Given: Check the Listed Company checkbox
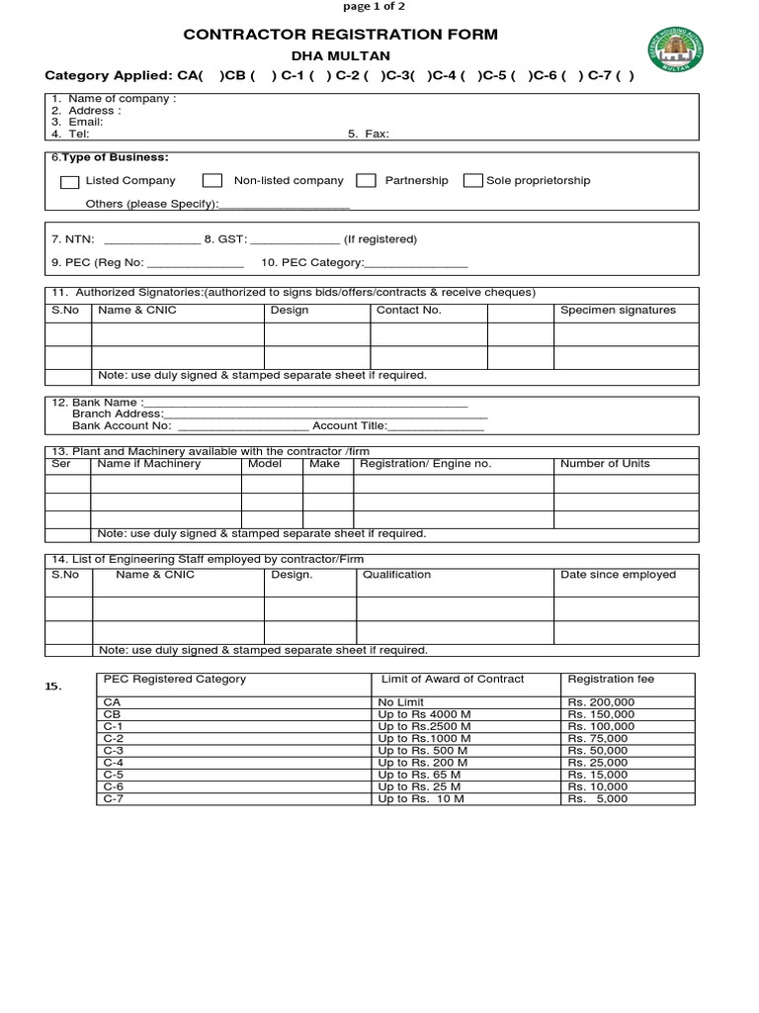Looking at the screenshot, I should click(x=69, y=181).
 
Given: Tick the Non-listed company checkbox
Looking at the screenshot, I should click(x=211, y=180).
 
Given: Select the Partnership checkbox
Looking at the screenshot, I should click(x=366, y=180).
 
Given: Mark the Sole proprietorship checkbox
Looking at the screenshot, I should click(x=472, y=180).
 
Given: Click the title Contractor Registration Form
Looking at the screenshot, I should click(x=341, y=35).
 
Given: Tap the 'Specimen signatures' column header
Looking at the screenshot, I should click(x=618, y=310).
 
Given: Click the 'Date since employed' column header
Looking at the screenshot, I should click(x=618, y=574).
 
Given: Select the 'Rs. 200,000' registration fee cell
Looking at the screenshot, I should click(x=601, y=701).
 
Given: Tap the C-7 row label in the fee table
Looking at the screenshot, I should click(x=115, y=798).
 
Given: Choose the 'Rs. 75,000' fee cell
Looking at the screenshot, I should click(x=598, y=738).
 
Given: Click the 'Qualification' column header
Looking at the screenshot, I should click(x=396, y=574).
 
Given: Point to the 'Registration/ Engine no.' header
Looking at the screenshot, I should click(x=425, y=463).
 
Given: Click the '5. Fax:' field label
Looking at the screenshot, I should click(x=368, y=134).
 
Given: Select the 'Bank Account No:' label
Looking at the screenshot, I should click(x=122, y=425).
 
